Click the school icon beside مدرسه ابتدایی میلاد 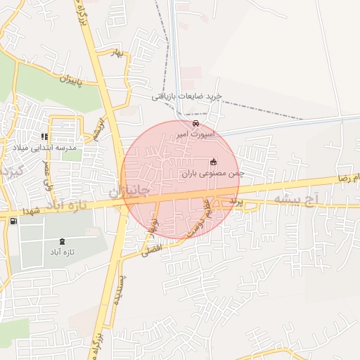pyautogui.click(x=45, y=136)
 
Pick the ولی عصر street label pyautogui.click(x=49, y=172)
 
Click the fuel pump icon pyautogui.click(x=13, y=221)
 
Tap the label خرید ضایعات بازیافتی pyautogui.click(x=187, y=96)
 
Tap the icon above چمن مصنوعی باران pyautogui.click(x=212, y=162)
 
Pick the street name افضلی pyautogui.click(x=152, y=250)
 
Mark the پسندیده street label pyautogui.click(x=119, y=287)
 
